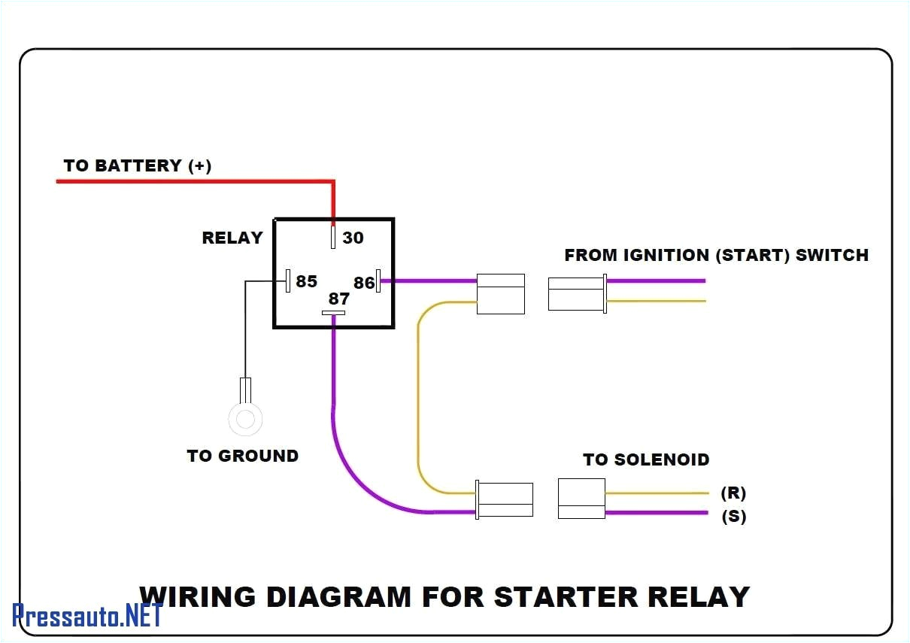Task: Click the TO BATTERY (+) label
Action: [x=138, y=165]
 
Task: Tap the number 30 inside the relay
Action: [x=353, y=238]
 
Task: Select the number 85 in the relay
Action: [x=306, y=281]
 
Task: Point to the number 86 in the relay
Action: [x=363, y=283]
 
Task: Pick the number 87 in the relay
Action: [x=339, y=299]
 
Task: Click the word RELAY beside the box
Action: [x=232, y=238]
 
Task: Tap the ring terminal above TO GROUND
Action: [x=245, y=419]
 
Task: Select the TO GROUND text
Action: [x=242, y=456]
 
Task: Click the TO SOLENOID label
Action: [x=646, y=460]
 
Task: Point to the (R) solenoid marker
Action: [x=733, y=493]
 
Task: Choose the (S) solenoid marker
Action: [x=734, y=516]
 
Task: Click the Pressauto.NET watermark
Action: [x=87, y=614]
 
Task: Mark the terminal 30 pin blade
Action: [x=333, y=237]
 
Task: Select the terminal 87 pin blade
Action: [x=333, y=313]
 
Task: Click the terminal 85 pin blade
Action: [x=288, y=281]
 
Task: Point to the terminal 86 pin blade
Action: [x=378, y=281]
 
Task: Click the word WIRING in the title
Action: [x=198, y=596]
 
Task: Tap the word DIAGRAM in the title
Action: [x=339, y=596]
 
